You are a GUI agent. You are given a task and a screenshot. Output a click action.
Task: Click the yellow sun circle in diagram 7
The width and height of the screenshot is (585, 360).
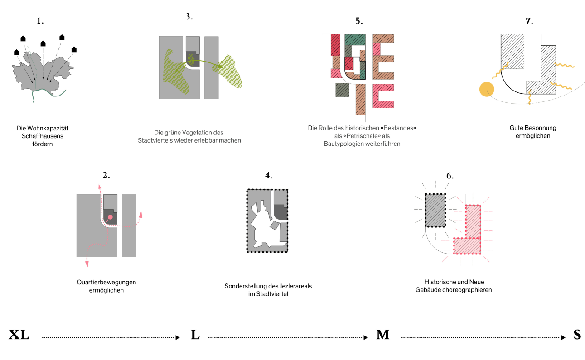[x=487, y=89]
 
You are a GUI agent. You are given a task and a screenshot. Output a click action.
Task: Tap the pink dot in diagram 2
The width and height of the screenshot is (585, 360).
[x=110, y=217]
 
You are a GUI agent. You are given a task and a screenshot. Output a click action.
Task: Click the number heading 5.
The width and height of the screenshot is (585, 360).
[x=359, y=21]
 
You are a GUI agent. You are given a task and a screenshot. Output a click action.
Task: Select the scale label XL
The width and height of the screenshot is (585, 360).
[x=19, y=335]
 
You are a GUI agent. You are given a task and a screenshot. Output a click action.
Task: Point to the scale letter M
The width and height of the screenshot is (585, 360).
[x=382, y=335]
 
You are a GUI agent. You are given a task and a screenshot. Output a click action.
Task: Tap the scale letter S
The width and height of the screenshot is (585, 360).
[x=577, y=335]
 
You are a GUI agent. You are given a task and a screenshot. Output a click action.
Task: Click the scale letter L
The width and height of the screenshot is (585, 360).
[x=195, y=335]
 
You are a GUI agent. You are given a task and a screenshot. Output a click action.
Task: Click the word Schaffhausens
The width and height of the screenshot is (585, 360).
[x=43, y=136]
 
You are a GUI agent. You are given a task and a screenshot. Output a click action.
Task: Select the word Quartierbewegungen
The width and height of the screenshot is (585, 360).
[x=106, y=282]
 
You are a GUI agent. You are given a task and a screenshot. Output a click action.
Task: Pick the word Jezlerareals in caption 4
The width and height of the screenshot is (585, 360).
[x=295, y=286]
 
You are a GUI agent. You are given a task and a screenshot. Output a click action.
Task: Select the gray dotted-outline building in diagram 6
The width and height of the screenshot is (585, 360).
[x=435, y=210]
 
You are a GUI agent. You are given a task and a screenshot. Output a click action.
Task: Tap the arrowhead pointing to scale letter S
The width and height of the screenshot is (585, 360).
[x=563, y=337]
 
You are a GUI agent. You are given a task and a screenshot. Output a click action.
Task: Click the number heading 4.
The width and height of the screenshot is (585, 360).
[x=268, y=175]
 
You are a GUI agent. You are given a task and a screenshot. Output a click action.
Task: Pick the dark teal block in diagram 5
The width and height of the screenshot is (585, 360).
[x=355, y=40]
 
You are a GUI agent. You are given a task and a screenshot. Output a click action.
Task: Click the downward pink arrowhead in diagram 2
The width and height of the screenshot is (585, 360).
[x=87, y=264]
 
